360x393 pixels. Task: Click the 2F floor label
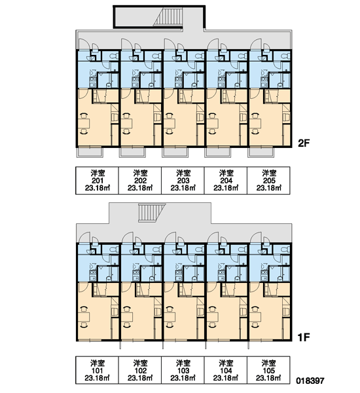click(x=304, y=143)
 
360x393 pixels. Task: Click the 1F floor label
click(x=304, y=337)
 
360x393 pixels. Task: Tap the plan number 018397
click(x=310, y=381)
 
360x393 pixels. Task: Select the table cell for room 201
click(x=98, y=181)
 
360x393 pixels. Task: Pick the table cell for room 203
click(x=183, y=181)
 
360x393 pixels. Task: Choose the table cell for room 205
click(x=268, y=181)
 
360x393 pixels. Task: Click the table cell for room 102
click(x=140, y=370)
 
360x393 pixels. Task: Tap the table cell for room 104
click(x=226, y=370)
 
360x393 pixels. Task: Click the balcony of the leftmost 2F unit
click(x=90, y=153)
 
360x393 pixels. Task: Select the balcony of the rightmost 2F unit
click(x=261, y=153)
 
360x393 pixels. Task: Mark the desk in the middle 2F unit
click(x=170, y=124)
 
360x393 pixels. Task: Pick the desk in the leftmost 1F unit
click(x=84, y=317)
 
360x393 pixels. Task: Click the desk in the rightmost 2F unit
click(x=255, y=124)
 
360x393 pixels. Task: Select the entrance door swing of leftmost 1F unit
click(x=84, y=237)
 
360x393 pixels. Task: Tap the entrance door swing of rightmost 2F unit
click(x=255, y=44)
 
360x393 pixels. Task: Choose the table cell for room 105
click(x=268, y=370)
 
